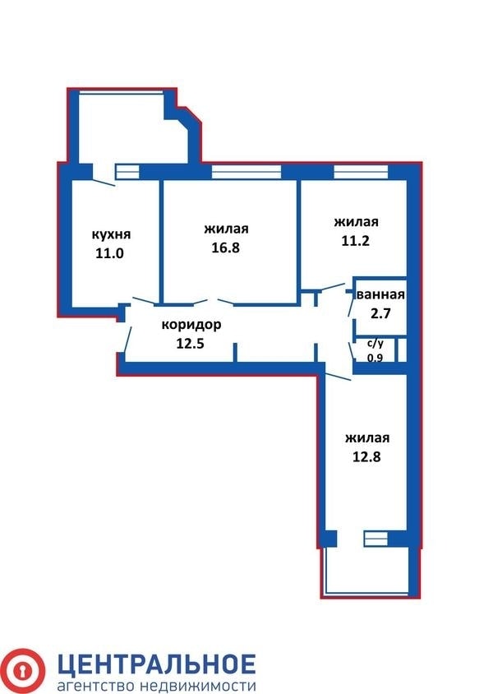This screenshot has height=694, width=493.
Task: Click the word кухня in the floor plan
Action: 111,234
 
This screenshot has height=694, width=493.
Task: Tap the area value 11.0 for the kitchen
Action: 109,253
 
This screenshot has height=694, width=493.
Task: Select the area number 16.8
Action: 225,248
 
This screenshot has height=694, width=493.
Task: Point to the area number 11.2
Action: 356,241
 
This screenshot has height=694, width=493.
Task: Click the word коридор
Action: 191,326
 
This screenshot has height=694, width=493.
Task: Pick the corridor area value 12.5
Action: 190,344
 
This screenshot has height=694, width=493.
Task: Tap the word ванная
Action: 381,294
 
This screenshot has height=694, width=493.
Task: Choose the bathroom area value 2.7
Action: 380,314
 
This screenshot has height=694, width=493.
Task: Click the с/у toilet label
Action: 376,343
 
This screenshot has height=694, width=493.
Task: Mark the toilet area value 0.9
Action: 376,357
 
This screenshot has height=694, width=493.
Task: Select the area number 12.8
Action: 366,456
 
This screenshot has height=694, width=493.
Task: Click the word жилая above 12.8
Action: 367,437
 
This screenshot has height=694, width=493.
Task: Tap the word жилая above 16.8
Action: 227,229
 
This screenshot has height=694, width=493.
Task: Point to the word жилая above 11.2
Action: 357,222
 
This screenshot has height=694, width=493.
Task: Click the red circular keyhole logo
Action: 21,671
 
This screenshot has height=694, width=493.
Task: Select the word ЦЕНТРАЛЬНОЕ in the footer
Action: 157,664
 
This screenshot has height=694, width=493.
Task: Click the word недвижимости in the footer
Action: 198,686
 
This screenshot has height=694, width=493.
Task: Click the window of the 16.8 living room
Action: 246,172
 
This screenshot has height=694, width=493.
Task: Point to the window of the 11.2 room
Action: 361,172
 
